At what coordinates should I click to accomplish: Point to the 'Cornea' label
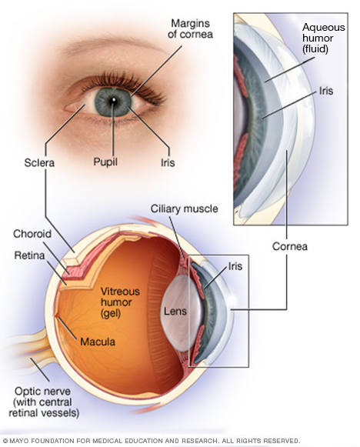[292, 247]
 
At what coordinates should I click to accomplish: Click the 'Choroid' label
[32, 233]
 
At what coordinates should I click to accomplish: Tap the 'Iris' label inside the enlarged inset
[326, 90]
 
